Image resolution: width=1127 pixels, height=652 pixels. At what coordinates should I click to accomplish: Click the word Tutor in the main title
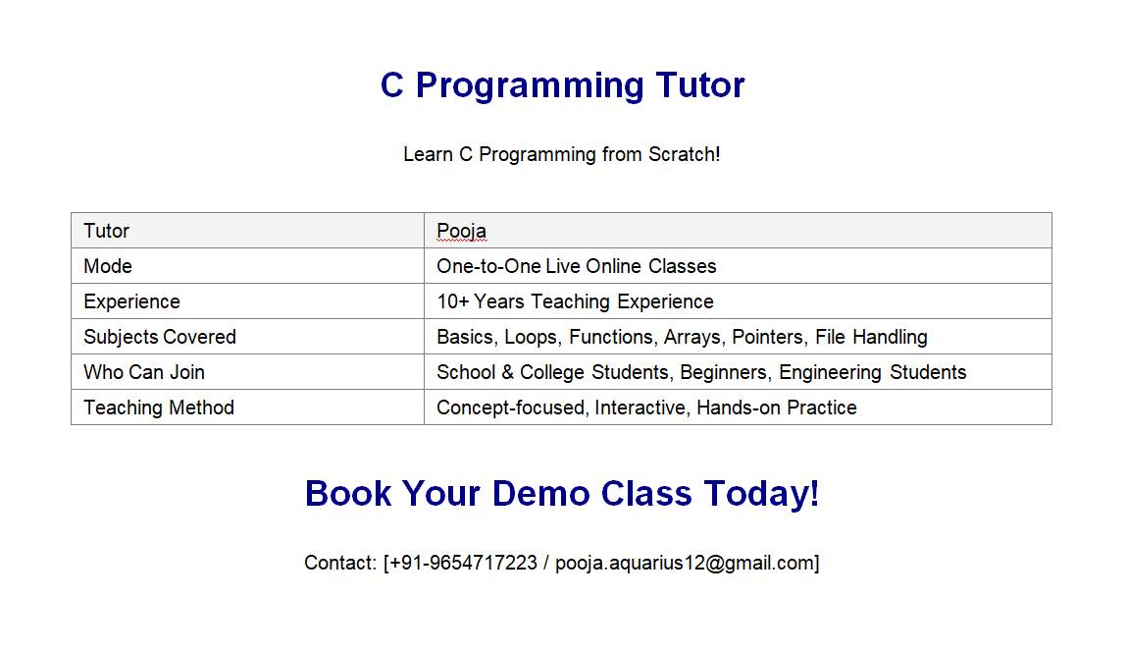click(x=700, y=85)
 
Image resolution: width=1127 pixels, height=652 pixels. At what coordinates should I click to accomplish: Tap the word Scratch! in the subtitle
click(x=684, y=154)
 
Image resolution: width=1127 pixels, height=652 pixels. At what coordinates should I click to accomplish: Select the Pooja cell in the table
click(x=461, y=231)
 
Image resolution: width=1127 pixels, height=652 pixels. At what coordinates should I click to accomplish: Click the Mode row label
click(x=108, y=266)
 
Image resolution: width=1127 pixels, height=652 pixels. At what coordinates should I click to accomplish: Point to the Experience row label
click(x=131, y=301)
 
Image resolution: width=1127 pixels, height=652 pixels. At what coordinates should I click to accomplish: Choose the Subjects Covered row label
click(x=160, y=337)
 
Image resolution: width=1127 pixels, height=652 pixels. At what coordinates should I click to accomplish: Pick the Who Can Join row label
click(x=144, y=372)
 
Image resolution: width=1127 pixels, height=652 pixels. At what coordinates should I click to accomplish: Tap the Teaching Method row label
click(x=159, y=407)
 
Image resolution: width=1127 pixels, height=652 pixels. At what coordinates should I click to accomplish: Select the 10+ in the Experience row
click(x=452, y=301)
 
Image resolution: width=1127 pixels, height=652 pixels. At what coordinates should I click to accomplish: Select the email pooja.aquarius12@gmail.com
click(x=684, y=563)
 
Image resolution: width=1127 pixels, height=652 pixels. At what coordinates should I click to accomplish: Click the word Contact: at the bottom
click(x=340, y=563)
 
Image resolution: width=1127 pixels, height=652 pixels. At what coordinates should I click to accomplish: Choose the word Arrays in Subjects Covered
click(x=692, y=337)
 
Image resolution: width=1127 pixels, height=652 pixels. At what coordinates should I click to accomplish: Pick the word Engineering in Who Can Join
click(x=830, y=372)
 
